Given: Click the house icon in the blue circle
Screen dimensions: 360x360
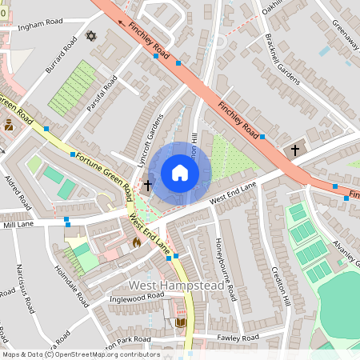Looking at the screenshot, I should tap(179, 172).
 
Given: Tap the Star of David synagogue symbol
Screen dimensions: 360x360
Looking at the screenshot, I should tap(90, 37).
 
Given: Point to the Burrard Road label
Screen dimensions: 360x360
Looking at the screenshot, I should tap(59, 56).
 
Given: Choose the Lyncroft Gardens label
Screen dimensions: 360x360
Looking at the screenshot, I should tap(150, 137).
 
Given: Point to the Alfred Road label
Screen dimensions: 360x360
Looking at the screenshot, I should tap(18, 191).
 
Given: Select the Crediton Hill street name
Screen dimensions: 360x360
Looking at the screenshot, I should tap(279, 283).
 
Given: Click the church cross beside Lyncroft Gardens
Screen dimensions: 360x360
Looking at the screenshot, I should tap(147, 186).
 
